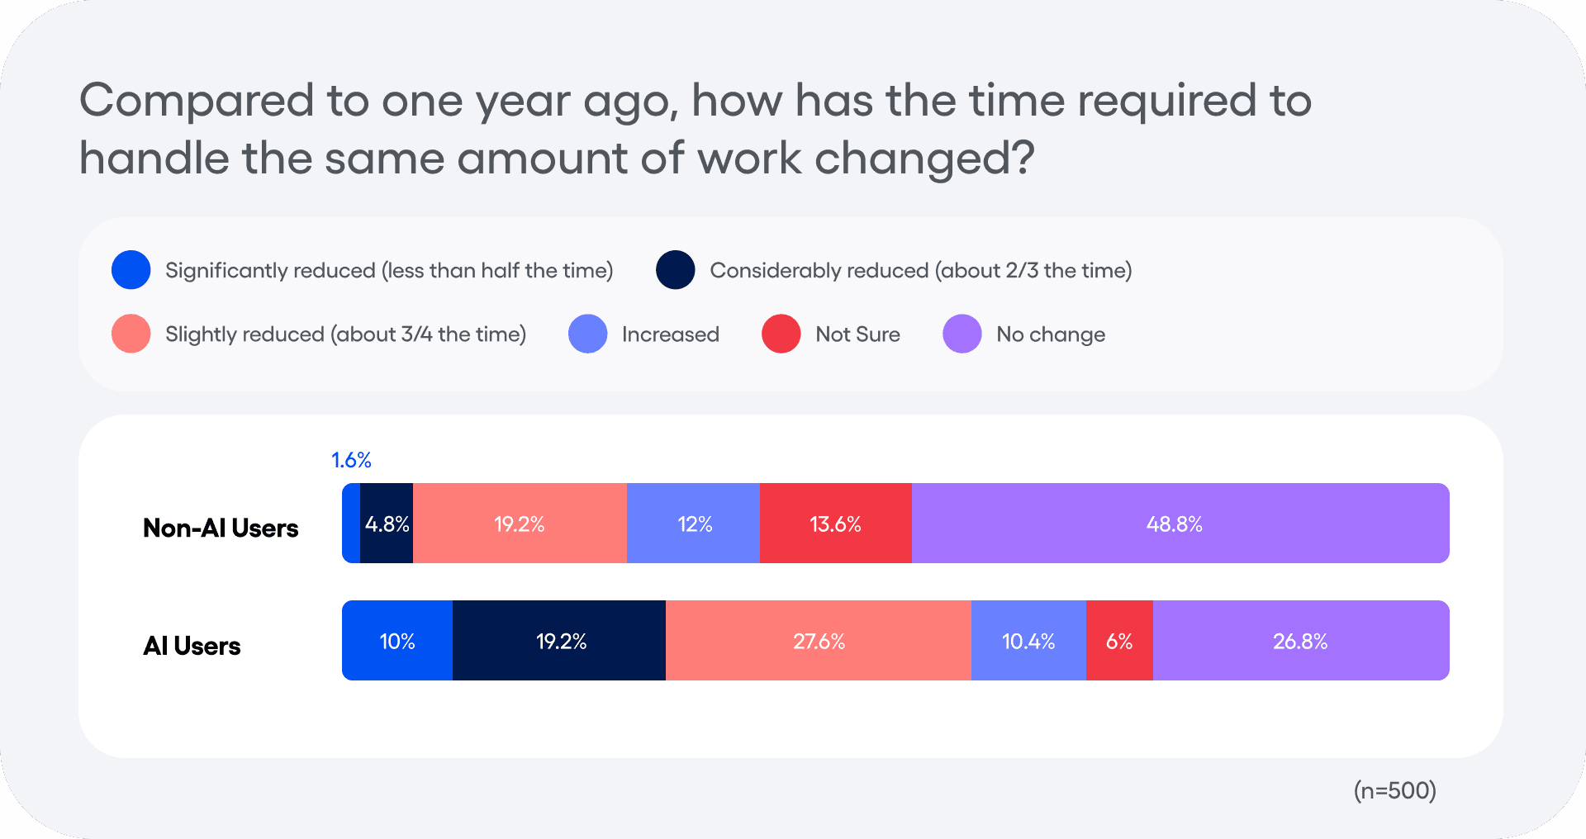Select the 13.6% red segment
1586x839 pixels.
835,524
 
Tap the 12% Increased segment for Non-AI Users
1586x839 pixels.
694,524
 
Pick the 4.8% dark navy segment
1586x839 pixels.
387,524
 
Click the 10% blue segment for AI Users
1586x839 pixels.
397,641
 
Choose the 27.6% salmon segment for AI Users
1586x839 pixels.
819,641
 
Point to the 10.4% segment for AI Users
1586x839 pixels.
1028,641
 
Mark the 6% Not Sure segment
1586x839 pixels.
1119,641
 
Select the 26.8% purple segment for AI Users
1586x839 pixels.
1300,641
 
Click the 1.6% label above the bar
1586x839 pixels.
351,460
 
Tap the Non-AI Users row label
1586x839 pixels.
221,528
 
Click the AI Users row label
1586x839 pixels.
192,646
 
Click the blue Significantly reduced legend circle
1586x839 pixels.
131,270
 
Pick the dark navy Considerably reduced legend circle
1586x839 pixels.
675,270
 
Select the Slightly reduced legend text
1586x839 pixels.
345,334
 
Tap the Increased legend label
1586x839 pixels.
670,334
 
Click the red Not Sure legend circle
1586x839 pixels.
781,334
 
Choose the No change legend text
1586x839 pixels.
1050,334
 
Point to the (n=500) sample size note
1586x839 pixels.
1394,790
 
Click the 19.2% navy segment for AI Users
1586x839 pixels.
560,641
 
